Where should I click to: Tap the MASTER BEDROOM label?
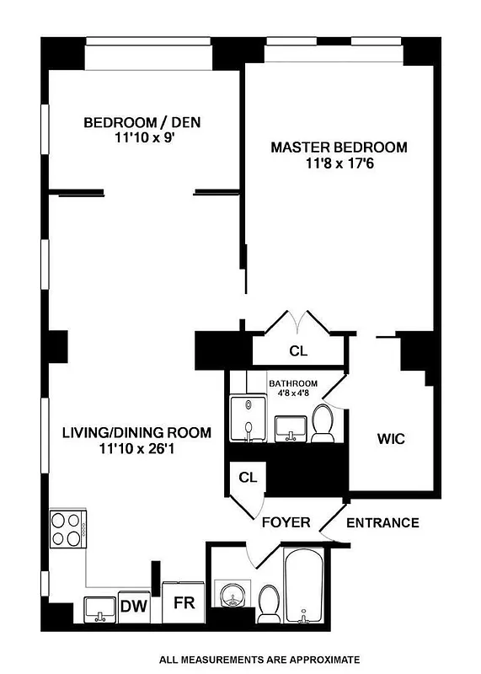click(x=338, y=147)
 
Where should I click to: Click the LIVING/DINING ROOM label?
click(x=136, y=433)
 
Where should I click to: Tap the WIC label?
click(x=391, y=439)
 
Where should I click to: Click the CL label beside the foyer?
click(x=247, y=478)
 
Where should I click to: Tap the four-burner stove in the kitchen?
click(x=67, y=531)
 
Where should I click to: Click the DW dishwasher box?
click(x=131, y=605)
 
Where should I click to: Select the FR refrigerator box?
click(x=183, y=604)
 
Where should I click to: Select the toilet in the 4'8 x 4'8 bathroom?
click(x=322, y=422)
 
